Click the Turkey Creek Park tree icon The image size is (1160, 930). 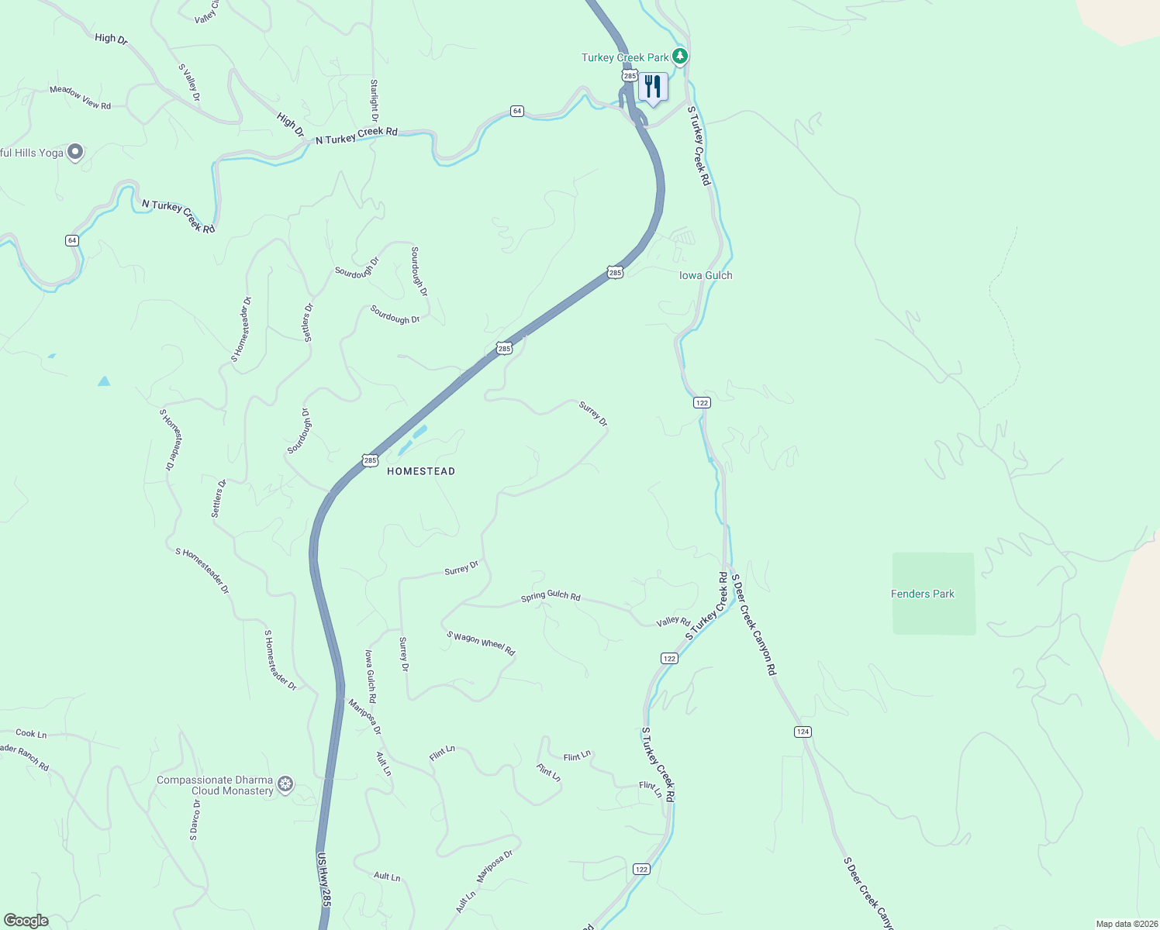680,56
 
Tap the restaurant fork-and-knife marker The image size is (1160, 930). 653,87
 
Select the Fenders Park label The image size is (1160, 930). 922,594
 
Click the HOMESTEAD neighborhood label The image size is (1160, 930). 421,471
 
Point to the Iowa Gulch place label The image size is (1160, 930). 706,275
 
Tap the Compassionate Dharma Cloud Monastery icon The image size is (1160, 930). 286,784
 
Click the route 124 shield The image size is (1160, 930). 803,732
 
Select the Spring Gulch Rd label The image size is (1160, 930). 551,596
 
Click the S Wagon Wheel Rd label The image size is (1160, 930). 481,643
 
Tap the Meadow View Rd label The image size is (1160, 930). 80,98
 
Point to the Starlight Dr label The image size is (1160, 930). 374,101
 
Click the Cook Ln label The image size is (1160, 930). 31,733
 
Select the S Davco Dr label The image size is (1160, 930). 195,820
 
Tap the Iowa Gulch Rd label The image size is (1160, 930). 371,676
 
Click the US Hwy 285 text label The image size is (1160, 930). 324,880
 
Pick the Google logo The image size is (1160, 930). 26,921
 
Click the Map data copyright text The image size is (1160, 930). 1126,924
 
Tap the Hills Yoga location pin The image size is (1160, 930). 75,152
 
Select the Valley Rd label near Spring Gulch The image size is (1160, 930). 673,622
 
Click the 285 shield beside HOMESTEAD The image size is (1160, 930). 370,460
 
